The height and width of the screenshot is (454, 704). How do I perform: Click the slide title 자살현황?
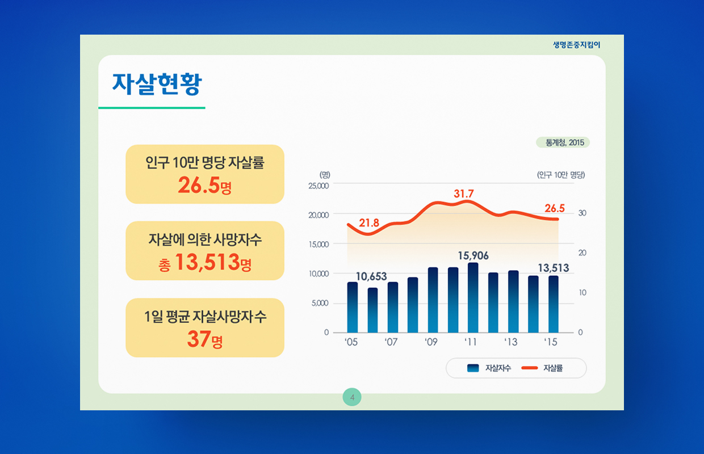click(x=157, y=84)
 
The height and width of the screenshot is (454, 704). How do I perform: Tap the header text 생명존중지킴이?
click(x=576, y=45)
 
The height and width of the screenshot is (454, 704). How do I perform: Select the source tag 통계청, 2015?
click(x=563, y=142)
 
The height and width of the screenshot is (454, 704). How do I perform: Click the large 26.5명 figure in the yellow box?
click(x=204, y=185)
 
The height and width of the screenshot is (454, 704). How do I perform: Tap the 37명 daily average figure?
click(x=204, y=339)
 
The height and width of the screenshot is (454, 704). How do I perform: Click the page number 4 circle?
click(x=352, y=397)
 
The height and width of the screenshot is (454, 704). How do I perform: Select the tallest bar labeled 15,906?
click(x=473, y=297)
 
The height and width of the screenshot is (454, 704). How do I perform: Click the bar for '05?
click(x=353, y=307)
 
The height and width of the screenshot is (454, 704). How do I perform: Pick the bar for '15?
click(x=554, y=304)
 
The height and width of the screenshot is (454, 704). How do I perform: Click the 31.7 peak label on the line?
click(x=464, y=194)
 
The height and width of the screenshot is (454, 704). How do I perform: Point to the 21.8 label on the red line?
click(x=369, y=223)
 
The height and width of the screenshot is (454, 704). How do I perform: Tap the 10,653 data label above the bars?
click(x=371, y=276)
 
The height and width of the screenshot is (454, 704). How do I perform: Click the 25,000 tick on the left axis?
click(x=319, y=186)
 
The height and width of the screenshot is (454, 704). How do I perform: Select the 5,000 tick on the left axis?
click(x=320, y=303)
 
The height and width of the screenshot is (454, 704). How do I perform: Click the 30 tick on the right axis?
click(x=583, y=213)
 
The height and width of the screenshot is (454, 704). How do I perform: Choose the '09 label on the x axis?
click(x=431, y=342)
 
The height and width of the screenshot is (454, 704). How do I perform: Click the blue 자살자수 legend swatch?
click(x=473, y=368)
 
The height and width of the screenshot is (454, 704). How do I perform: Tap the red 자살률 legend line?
click(x=530, y=368)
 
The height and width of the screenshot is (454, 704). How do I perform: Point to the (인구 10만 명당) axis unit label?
click(x=561, y=175)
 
